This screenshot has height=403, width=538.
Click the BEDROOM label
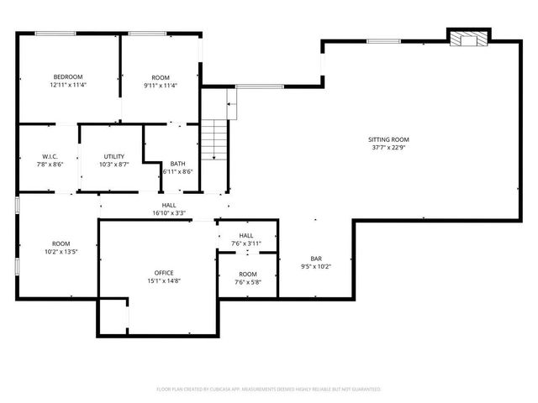click(x=68, y=76)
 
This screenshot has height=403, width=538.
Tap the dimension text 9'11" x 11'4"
click(x=161, y=84)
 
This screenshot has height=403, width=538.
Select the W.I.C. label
click(x=49, y=156)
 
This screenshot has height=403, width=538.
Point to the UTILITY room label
click(x=113, y=156)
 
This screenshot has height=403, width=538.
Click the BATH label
click(x=177, y=163)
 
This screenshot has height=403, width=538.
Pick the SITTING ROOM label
click(x=388, y=139)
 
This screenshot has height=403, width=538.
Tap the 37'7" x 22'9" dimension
click(x=388, y=148)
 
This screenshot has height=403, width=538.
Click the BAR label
click(x=316, y=259)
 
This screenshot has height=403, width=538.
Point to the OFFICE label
click(x=163, y=273)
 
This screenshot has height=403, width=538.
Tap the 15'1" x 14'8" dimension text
click(x=163, y=280)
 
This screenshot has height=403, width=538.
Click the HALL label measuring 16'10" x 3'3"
click(x=169, y=206)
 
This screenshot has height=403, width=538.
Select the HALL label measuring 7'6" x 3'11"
click(x=246, y=236)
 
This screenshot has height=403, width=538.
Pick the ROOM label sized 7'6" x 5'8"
click(x=247, y=274)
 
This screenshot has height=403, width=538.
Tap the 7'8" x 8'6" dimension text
click(x=49, y=165)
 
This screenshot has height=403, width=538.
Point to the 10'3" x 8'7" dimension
click(x=113, y=165)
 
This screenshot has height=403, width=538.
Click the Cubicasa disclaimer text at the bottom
click(x=269, y=390)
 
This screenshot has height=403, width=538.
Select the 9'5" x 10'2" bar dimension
click(x=316, y=267)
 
